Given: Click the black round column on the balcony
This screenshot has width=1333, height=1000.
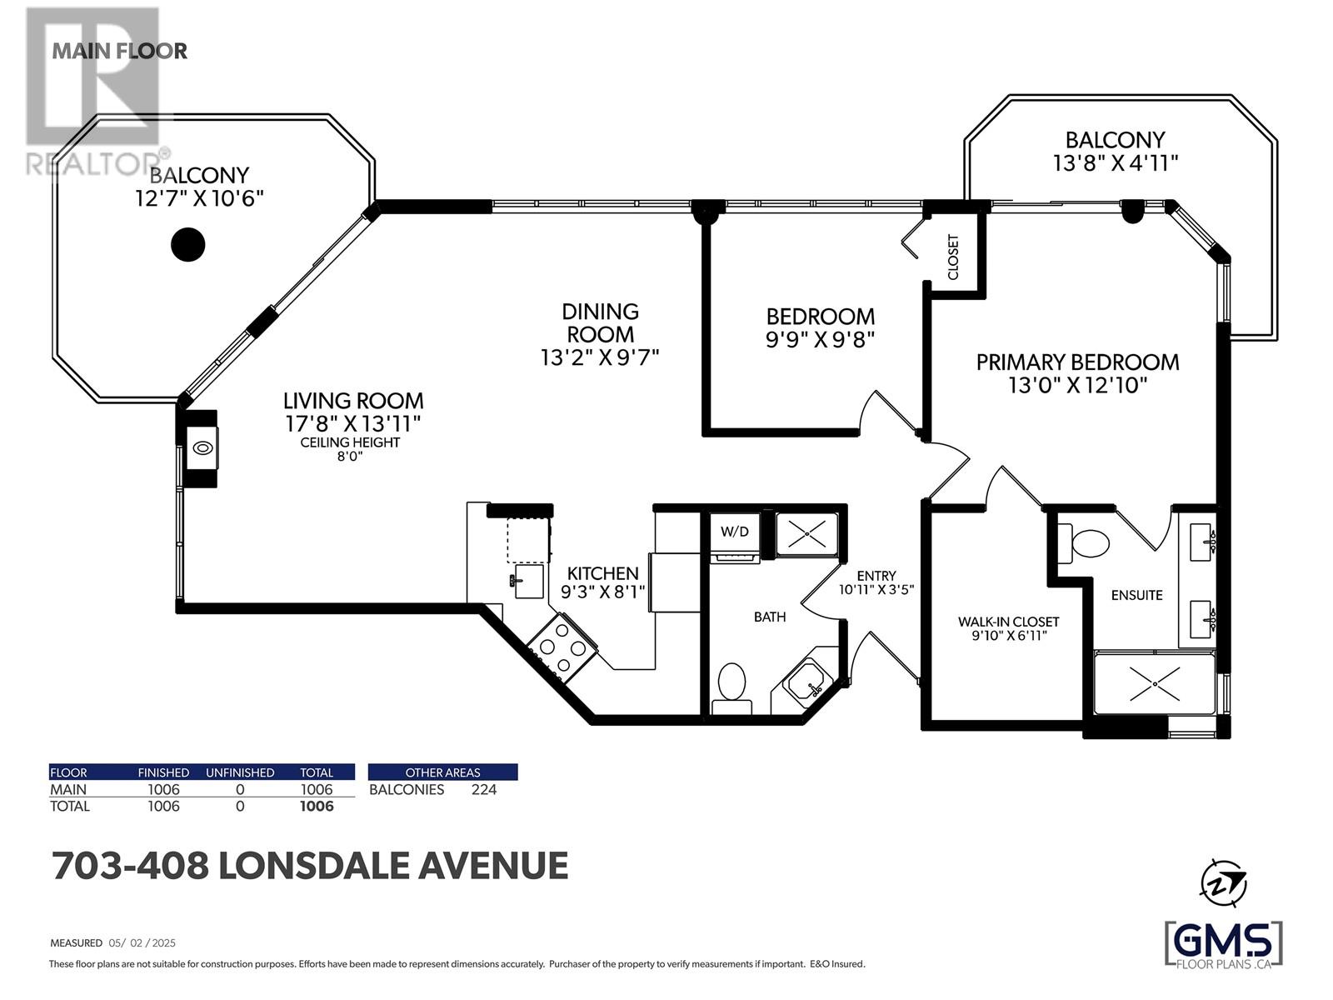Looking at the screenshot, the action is [187, 244].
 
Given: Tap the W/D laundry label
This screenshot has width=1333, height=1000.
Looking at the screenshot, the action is [734, 532].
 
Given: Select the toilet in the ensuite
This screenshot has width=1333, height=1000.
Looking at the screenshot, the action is [1084, 542].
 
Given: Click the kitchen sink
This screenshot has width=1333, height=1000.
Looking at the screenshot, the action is [527, 581].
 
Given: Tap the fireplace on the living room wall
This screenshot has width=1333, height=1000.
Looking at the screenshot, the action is [202, 448].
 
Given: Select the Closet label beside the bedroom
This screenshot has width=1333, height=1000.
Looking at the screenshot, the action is [953, 257].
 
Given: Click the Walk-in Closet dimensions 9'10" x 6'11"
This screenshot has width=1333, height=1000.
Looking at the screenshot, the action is [1008, 636].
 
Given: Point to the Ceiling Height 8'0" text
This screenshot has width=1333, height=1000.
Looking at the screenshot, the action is [350, 448].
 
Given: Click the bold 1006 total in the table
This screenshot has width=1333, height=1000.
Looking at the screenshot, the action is [317, 806].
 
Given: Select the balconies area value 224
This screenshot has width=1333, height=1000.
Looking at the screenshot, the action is [484, 789].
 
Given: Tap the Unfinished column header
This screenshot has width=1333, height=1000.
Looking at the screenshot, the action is [240, 772].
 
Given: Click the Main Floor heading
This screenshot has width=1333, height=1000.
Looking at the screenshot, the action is [120, 51].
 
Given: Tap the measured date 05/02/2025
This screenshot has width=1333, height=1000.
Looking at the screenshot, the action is [142, 943].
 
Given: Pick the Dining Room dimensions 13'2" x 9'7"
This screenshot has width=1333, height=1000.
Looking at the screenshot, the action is [600, 357].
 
